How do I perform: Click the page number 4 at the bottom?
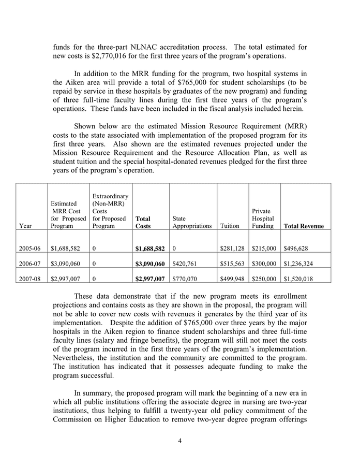[180, 441]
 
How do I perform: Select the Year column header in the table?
[25, 226]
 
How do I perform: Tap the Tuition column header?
[230, 226]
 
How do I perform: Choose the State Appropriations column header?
[192, 222]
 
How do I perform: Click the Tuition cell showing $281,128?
[232, 249]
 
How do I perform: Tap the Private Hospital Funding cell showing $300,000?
[264, 264]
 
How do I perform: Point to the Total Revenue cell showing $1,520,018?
[303, 278]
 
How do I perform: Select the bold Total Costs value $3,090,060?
[150, 264]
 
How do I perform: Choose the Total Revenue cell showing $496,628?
[299, 249]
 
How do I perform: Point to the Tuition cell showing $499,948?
[232, 278]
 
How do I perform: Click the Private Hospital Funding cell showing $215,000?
[264, 249]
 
